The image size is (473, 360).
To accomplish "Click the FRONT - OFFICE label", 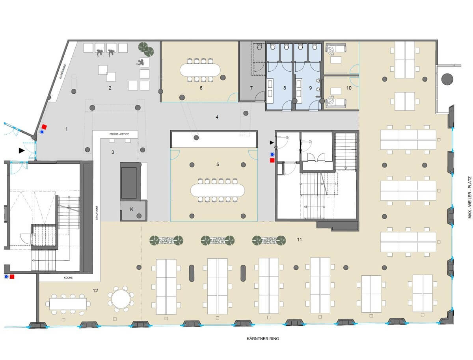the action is tap(119, 134).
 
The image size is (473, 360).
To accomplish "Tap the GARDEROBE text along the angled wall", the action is tap(63, 71).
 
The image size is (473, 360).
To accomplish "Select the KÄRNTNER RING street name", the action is tap(263, 339).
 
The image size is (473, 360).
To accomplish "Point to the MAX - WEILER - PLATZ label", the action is tap(470, 197).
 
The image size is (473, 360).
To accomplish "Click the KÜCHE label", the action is tap(68, 278).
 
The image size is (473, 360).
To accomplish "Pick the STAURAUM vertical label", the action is tap(97, 213).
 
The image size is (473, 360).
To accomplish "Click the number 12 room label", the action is tap(95, 291).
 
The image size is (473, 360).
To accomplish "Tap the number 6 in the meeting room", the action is tap(201, 88).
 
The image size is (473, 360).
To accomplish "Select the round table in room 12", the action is tap(121, 299).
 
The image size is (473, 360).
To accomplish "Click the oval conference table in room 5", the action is tap(218, 190).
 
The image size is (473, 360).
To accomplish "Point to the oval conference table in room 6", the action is tap(200, 70).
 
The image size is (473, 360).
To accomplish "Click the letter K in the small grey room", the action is tap(131, 209).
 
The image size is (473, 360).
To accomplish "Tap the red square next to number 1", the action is tap(44, 127).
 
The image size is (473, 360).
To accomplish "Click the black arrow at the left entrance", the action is tap(22, 150).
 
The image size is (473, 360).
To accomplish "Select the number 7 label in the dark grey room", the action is tap(251, 88).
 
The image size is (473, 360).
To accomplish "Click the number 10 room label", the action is tap(349, 88).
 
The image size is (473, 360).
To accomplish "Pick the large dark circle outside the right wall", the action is tap(447, 79).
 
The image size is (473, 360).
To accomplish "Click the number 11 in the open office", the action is tap(299, 239).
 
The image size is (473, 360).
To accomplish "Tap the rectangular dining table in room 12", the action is tap(68, 304).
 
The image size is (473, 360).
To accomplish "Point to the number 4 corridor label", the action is tap(217, 117).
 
